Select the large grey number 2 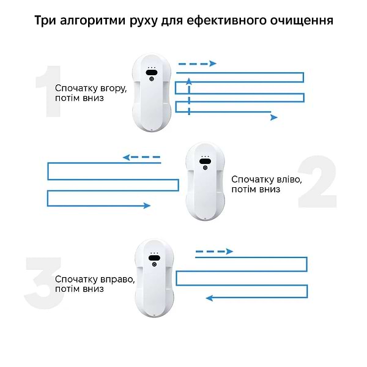coord(316,183)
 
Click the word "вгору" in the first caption coord(112,88)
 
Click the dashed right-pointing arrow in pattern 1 coord(197,63)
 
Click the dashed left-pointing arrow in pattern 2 coord(141,157)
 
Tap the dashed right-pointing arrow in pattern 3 coord(214,251)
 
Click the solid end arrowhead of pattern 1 coord(274,117)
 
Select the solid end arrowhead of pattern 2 coord(147,206)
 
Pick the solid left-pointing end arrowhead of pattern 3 coord(209,298)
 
